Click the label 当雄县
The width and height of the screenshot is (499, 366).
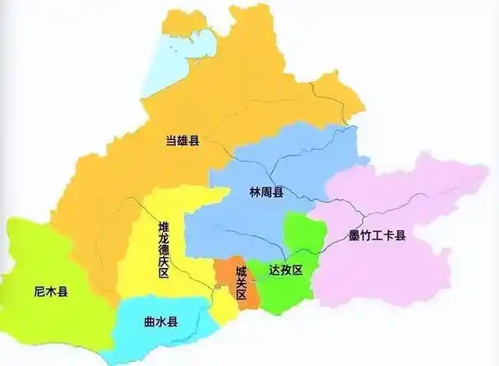pyautogui.click(x=182, y=142)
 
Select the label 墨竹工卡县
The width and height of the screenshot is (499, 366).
pyautogui.click(x=377, y=236)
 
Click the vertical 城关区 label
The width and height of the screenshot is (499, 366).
pyautogui.click(x=241, y=282)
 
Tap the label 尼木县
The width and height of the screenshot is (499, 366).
pyautogui.click(x=51, y=291)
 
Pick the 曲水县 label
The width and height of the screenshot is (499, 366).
pyautogui.click(x=160, y=323)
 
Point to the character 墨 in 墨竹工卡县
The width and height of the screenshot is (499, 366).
pyautogui.click(x=353, y=236)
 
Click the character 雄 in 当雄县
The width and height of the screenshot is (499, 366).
pyautogui.click(x=182, y=142)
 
